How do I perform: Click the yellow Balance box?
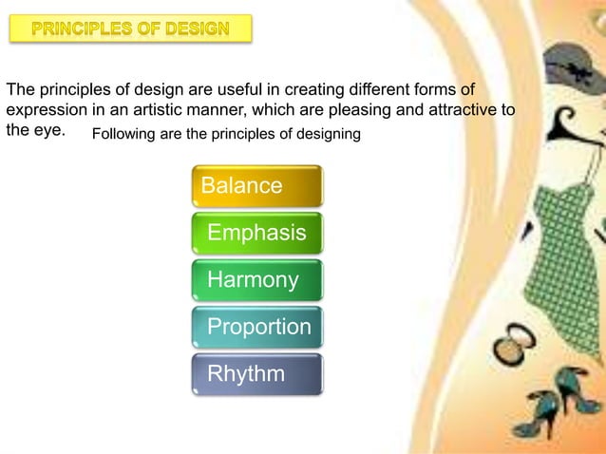pyautogui.click(x=257, y=185)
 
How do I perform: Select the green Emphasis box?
pyautogui.click(x=257, y=233)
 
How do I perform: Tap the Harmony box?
pyautogui.click(x=257, y=280)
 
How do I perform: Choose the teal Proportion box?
pyautogui.click(x=257, y=327)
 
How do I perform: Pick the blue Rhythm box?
pyautogui.click(x=257, y=374)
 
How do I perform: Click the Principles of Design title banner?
pyautogui.click(x=131, y=28)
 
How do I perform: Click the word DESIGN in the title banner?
pyautogui.click(x=197, y=28)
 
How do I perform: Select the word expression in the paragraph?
pyautogui.click(x=47, y=112)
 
